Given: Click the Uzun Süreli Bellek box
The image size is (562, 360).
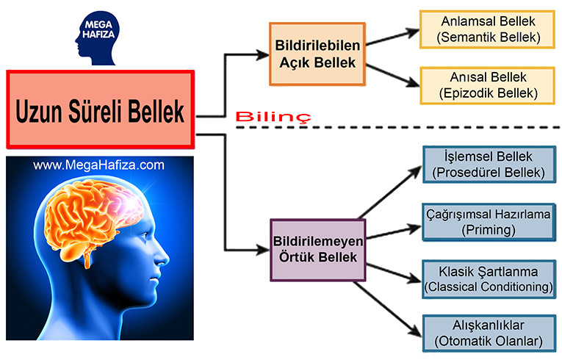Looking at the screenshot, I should click(x=100, y=108).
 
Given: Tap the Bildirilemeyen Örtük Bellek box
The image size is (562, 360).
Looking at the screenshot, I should click(x=317, y=250).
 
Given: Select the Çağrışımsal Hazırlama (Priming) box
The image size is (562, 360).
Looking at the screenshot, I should click(x=488, y=221).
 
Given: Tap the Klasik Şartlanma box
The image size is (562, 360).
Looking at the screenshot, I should click(x=488, y=278).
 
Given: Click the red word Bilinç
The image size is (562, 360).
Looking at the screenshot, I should click(x=273, y=117).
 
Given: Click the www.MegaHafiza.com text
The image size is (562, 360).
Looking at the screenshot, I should click(x=98, y=165).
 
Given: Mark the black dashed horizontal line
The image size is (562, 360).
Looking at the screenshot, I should click(x=397, y=128).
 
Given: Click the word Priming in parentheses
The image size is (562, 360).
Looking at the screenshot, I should click(x=488, y=229).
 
